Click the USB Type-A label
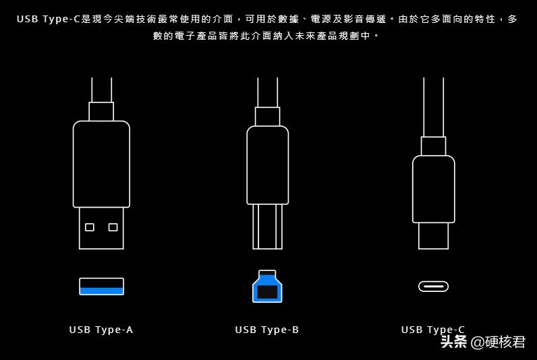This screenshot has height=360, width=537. coord(101,330)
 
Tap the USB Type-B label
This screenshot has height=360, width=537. coord(267,330)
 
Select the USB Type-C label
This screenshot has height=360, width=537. coord(432,330)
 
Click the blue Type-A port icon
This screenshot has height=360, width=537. coord(101,287)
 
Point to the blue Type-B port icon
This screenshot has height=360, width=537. coord(267,287)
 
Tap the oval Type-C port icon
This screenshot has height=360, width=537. coord(433,287)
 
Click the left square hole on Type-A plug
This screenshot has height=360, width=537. coord(90,227)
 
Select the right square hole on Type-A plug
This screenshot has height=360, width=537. coord(113,227)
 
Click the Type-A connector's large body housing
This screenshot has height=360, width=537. coord(101,164)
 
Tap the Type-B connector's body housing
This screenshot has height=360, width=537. coord(267,164)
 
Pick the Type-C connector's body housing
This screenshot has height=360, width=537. coord(433,189)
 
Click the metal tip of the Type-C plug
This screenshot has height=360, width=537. coord(433,235)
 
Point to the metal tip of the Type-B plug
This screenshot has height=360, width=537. coord(267,226)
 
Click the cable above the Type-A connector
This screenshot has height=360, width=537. coord(101,89)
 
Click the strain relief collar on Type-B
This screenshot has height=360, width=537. coord(267,116)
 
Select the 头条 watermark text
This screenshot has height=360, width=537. coord(453,342)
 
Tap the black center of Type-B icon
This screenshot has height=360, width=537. coord(267,292)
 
